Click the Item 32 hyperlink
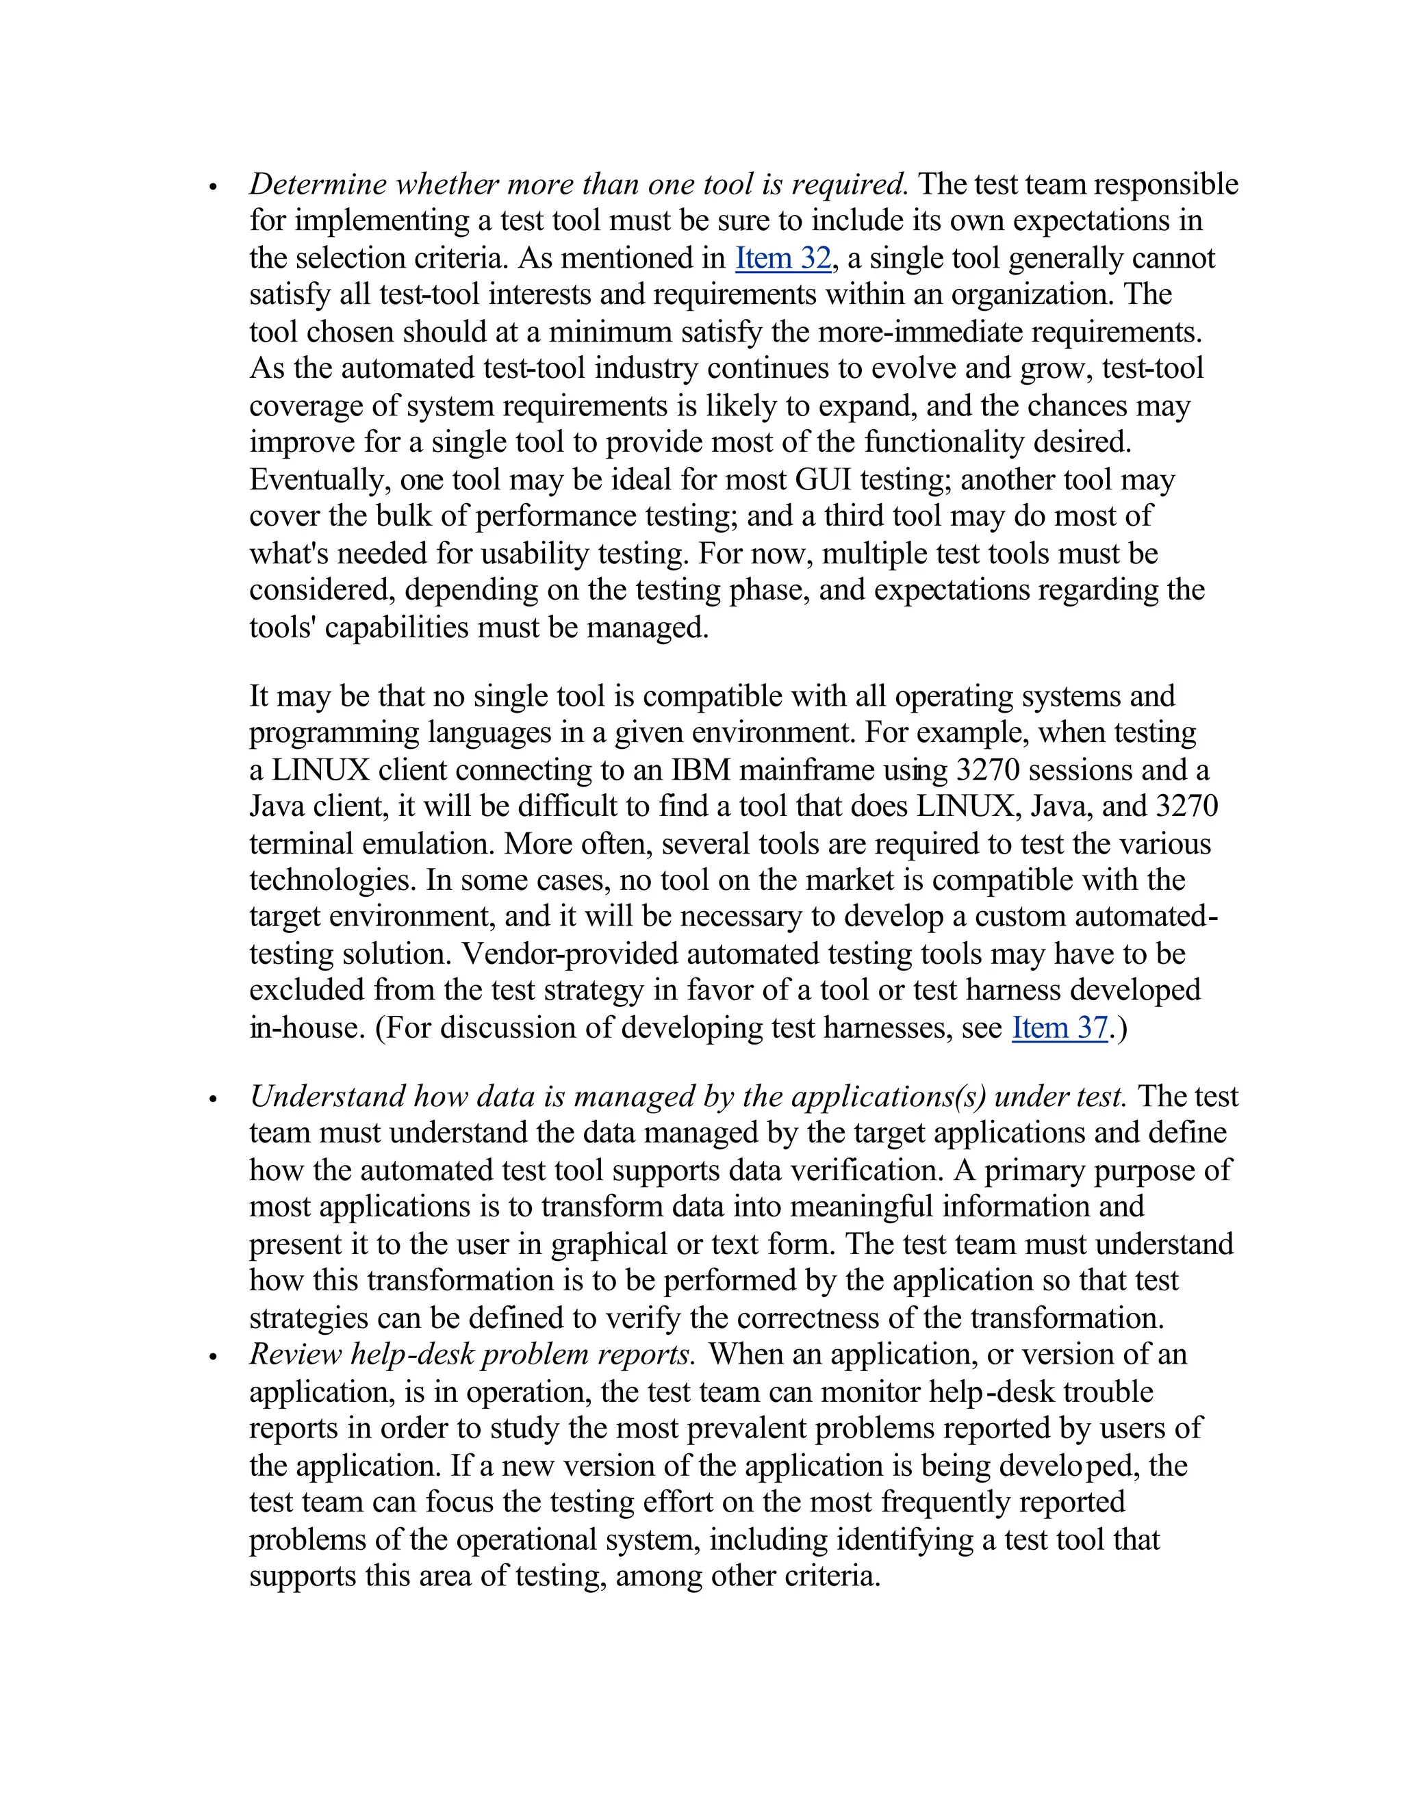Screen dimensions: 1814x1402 tap(782, 258)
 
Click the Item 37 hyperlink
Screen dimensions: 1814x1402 tap(1059, 1028)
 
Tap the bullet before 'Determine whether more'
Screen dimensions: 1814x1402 tap(214, 188)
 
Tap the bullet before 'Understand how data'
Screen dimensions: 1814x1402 tap(214, 1100)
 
